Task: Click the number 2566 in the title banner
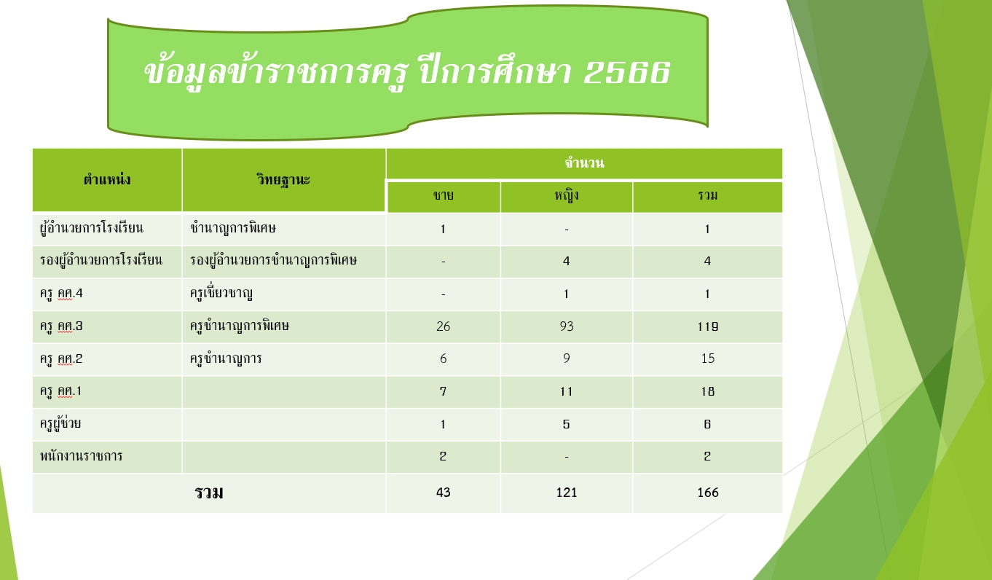coord(626,72)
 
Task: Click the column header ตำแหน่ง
coord(107,179)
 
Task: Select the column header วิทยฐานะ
coord(283,179)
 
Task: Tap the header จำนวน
coord(584,162)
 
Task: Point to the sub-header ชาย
coord(444,195)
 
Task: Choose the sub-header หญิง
coord(567,195)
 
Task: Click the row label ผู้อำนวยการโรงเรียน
coord(92,227)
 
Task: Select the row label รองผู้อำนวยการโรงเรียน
coord(101,259)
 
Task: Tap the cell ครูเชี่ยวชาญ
coord(221,292)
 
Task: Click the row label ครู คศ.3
coord(61,326)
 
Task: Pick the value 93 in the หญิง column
coord(567,326)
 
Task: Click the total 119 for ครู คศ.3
coord(708,326)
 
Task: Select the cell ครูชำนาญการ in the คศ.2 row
coord(226,358)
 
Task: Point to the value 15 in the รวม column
coord(708,358)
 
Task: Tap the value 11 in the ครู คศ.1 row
coord(567,391)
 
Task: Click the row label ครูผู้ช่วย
coord(60,423)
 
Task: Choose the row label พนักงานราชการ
coord(81,455)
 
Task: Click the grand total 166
coord(708,493)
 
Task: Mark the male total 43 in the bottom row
coord(444,493)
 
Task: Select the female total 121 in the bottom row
coord(567,493)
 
